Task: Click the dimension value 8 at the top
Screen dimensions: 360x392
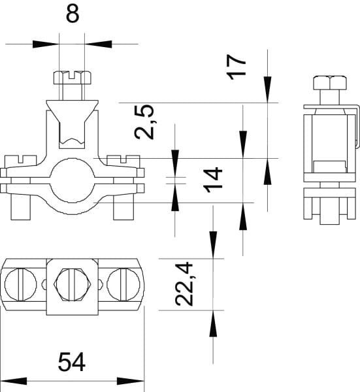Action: click(x=73, y=13)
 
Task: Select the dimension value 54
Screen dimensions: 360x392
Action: click(x=72, y=362)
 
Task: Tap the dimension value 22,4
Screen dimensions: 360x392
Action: click(x=184, y=284)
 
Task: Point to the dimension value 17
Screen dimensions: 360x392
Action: click(x=237, y=67)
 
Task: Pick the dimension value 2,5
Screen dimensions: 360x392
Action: click(x=144, y=122)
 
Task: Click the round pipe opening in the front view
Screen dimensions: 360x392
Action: click(x=72, y=181)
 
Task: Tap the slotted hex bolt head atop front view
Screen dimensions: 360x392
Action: click(x=73, y=77)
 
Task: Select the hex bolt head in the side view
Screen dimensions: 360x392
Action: click(x=330, y=83)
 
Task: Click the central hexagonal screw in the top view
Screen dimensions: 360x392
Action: click(x=73, y=284)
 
